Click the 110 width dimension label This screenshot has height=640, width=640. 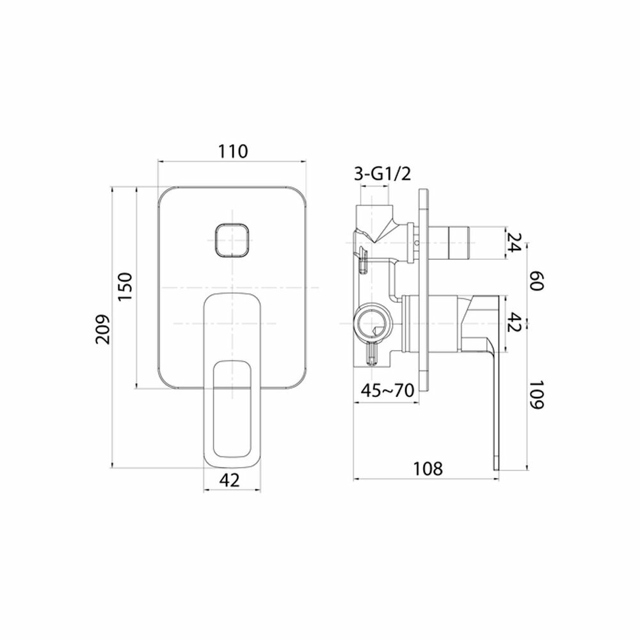(x=232, y=151)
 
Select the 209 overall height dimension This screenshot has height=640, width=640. (x=103, y=329)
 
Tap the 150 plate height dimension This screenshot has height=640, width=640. (x=125, y=286)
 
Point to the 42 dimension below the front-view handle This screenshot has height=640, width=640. (x=229, y=480)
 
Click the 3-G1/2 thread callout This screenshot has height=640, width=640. (x=382, y=174)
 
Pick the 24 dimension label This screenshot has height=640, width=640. (x=513, y=242)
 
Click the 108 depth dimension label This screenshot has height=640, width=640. (x=428, y=468)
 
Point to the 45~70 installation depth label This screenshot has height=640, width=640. (x=388, y=390)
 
